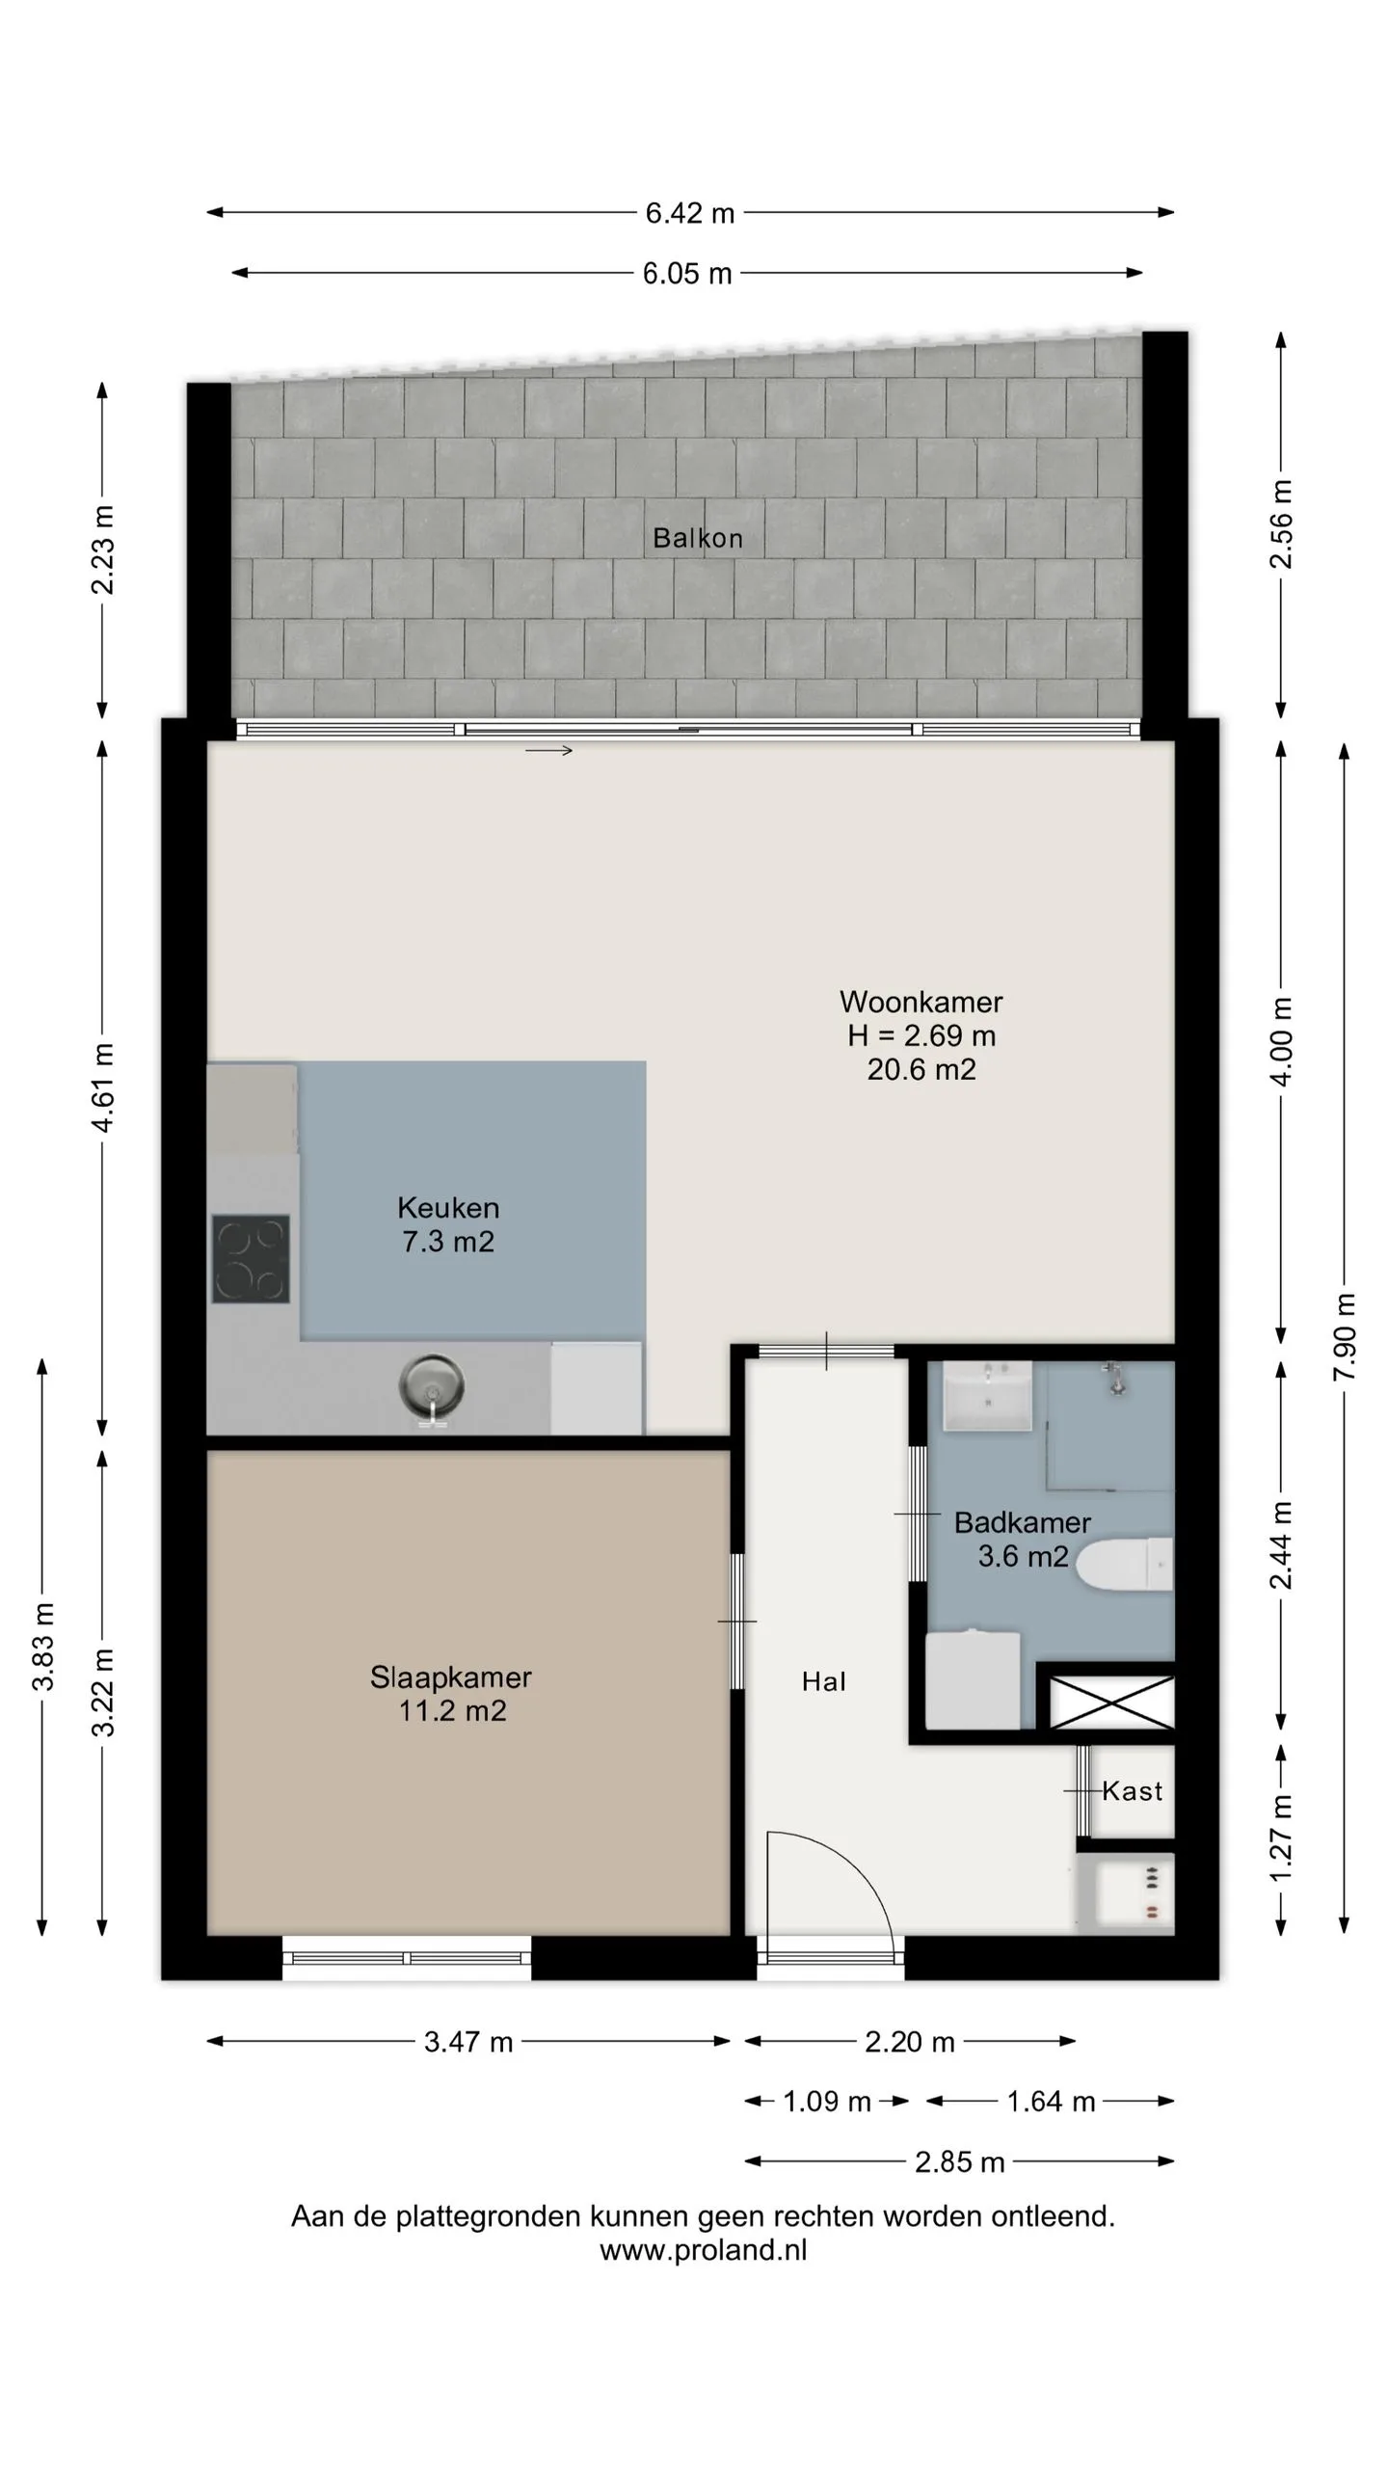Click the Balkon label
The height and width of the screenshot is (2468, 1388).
[698, 538]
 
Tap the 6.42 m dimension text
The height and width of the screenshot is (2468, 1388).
[690, 213]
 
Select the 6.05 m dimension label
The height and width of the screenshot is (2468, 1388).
[687, 274]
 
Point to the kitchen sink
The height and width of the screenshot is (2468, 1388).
[432, 1389]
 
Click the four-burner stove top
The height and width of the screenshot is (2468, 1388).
[251, 1259]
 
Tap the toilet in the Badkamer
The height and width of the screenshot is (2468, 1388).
[1124, 1564]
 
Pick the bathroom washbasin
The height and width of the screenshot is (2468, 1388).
[987, 1395]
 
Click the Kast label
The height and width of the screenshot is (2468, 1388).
[1132, 1791]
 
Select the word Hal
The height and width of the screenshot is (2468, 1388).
[824, 1682]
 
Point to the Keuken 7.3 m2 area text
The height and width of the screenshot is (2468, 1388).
[448, 1224]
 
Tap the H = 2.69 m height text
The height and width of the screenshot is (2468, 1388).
[921, 1035]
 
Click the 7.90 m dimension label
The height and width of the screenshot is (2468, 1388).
[1345, 1336]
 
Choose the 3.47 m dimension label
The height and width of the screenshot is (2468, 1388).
[468, 2042]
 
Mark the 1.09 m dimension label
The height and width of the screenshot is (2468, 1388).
[827, 2102]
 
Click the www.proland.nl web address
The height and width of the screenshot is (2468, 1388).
[704, 2250]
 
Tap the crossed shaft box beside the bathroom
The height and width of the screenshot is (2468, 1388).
[1111, 1703]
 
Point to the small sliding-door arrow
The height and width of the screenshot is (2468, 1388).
[548, 751]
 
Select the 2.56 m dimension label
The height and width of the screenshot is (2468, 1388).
[1281, 524]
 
